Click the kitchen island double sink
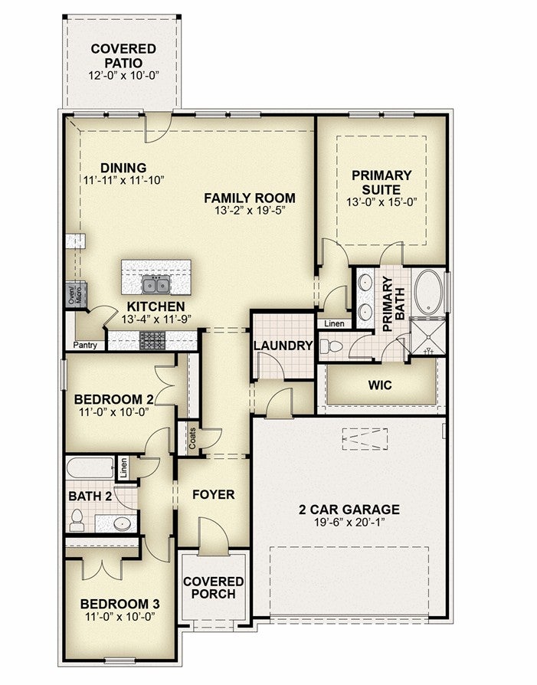(x=156, y=284)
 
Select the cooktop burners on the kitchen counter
(x=152, y=340)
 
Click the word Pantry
(x=85, y=345)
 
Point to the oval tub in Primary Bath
(x=428, y=292)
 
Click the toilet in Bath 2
(x=77, y=519)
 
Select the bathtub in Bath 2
(x=90, y=467)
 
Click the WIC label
(x=380, y=385)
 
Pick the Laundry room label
(x=283, y=346)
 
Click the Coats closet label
(x=193, y=438)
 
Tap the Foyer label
(x=214, y=494)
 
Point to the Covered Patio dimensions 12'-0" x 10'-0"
(x=123, y=75)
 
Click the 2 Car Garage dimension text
(x=349, y=522)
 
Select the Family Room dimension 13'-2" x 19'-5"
(x=250, y=211)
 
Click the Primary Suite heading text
(x=381, y=182)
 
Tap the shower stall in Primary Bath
(x=427, y=337)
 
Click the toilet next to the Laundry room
(x=331, y=347)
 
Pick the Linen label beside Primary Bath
(x=335, y=323)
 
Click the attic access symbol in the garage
(x=365, y=439)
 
